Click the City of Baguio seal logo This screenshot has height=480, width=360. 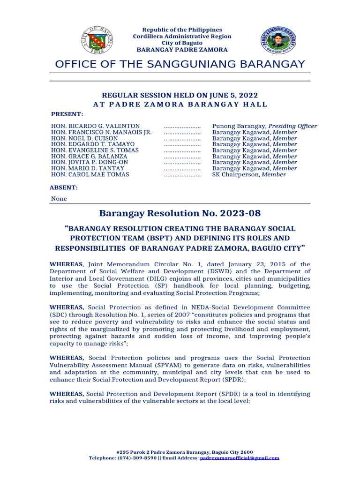coord(97,38)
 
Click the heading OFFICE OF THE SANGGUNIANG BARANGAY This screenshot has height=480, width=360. coord(180,64)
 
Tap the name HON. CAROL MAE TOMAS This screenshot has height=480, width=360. coord(90,174)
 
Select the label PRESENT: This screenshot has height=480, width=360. coord(67,114)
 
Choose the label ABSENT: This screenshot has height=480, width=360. coord(64,187)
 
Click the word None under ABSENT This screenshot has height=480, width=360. coord(59,199)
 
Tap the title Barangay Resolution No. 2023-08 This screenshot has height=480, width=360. coord(180,214)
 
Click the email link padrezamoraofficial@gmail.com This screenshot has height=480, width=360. coord(240,458)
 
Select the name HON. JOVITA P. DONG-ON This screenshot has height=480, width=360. coord(90,162)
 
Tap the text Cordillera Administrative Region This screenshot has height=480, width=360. coord(182,36)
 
